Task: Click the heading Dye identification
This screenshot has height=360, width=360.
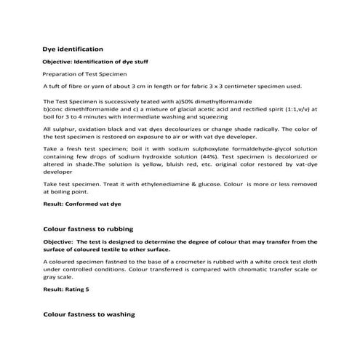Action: (x=73, y=49)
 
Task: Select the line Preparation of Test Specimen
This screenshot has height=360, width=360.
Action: (x=85, y=74)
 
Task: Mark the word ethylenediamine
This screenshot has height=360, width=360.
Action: (x=167, y=185)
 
